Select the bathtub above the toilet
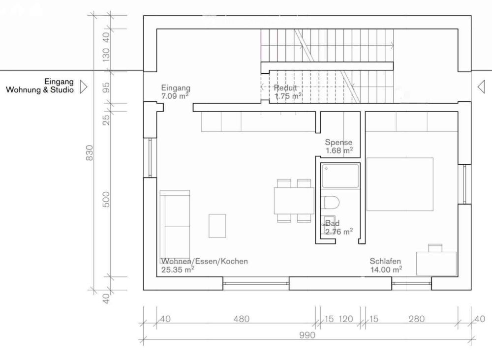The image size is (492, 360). click(340, 176)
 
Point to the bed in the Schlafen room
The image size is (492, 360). click(400, 184)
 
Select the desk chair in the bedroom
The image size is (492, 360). click(435, 247)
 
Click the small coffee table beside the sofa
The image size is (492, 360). click(217, 226)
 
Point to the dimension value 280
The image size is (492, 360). click(416, 319)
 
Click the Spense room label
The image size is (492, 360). click(338, 142)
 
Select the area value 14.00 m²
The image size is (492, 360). click(386, 270)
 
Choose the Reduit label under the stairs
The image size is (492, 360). click(286, 88)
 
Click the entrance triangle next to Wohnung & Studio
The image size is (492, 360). click(83, 87)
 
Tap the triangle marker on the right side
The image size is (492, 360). click(481, 87)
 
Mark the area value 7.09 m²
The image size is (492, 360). click(175, 96)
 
